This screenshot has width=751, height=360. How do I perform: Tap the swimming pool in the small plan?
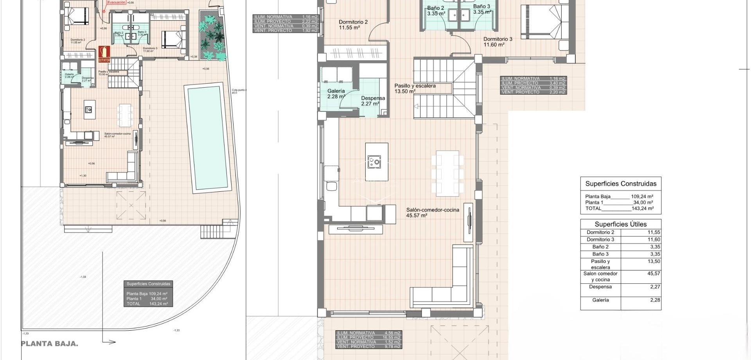(x=207, y=137)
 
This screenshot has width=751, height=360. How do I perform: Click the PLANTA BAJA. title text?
(x=49, y=344)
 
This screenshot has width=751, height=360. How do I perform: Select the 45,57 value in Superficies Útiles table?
(x=653, y=274)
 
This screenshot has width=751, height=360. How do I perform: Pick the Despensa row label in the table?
(x=600, y=287)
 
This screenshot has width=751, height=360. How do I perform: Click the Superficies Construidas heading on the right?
(x=621, y=184)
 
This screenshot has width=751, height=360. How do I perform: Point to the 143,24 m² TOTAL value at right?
(x=642, y=209)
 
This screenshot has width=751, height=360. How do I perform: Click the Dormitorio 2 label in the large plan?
(x=353, y=22)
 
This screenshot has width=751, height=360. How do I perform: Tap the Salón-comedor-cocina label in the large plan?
(x=433, y=210)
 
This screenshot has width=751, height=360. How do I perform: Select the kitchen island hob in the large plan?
(x=374, y=161)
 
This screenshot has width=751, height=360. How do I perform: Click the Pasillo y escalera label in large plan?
(x=415, y=86)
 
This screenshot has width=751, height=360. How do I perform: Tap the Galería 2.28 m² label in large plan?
(x=336, y=94)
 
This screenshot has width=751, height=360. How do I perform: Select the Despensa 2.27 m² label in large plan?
(x=373, y=101)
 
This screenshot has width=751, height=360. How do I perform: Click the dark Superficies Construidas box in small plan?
(x=148, y=293)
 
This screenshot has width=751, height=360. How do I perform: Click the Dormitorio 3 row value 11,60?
(x=653, y=239)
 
